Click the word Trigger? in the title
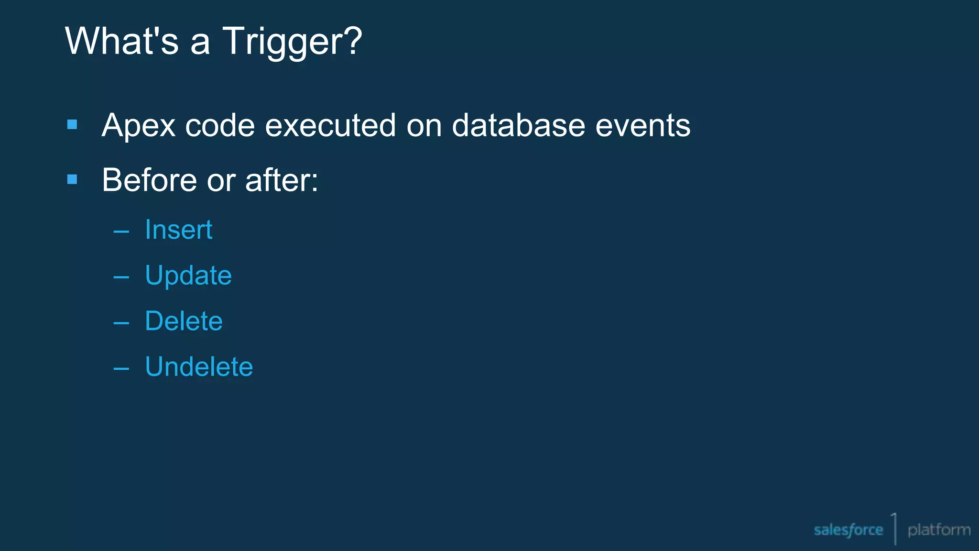click(292, 42)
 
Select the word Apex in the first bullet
click(138, 126)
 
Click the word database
click(518, 125)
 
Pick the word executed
click(330, 125)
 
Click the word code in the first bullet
click(219, 125)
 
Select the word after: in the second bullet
click(282, 180)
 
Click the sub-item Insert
click(178, 230)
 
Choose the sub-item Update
click(188, 276)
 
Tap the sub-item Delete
click(184, 321)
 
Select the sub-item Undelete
click(199, 367)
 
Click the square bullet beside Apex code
click(72, 125)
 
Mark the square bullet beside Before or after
click(72, 179)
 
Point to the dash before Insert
click(121, 232)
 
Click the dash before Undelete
click(121, 369)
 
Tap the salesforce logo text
click(848, 530)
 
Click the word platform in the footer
click(939, 530)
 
